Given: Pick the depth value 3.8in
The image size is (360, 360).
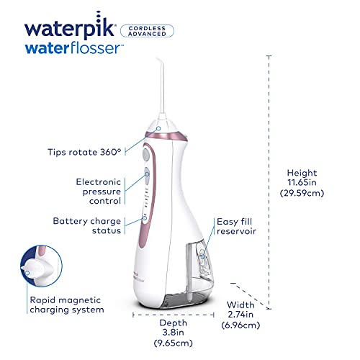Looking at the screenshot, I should pos(173,334).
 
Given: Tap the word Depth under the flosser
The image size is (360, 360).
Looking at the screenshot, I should pos(173,323).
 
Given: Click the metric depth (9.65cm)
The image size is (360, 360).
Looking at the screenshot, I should pos(173,345).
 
